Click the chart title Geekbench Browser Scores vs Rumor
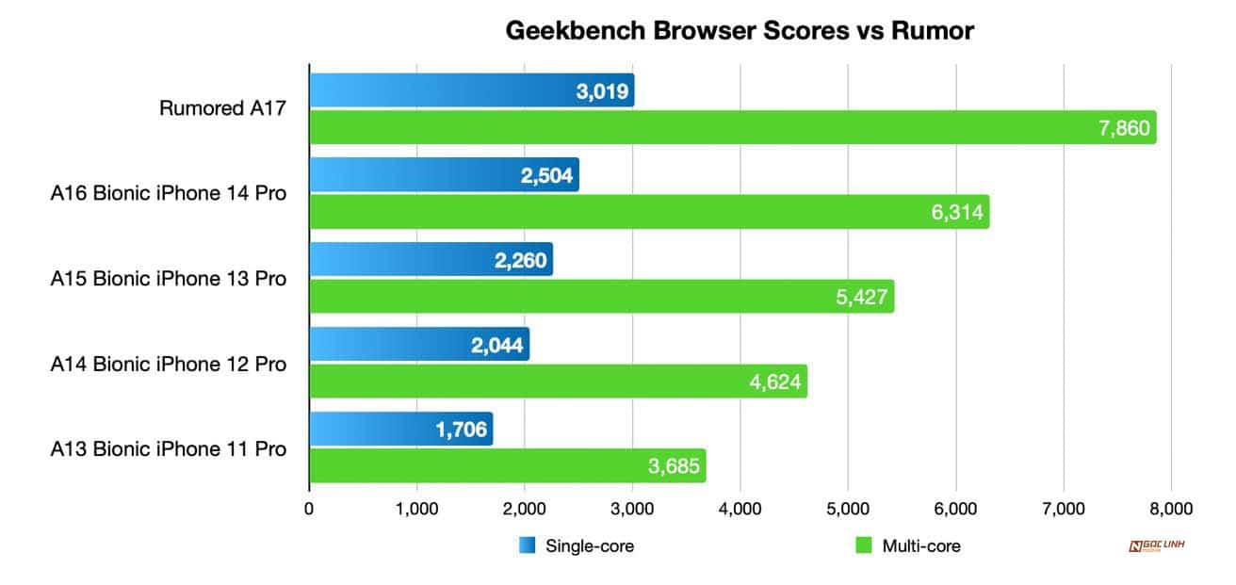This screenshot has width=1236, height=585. (739, 31)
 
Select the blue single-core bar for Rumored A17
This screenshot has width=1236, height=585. (471, 90)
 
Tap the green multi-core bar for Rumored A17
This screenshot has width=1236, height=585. (732, 127)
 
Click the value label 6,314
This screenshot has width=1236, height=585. (956, 213)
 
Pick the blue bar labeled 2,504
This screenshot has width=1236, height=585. (444, 175)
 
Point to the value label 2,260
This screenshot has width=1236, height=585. (520, 260)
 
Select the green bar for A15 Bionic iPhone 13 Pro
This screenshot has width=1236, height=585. (601, 297)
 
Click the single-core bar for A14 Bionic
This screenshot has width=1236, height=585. (419, 344)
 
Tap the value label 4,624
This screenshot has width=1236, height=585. (774, 382)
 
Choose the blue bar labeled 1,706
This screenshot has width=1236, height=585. (400, 430)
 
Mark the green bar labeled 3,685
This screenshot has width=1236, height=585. (507, 465)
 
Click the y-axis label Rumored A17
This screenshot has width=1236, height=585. (221, 109)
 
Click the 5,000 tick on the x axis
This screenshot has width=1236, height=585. (848, 509)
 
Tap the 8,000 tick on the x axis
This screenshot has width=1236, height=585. (1171, 509)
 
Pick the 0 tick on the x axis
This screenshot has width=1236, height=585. (309, 509)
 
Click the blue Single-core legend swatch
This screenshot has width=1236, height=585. (528, 545)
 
